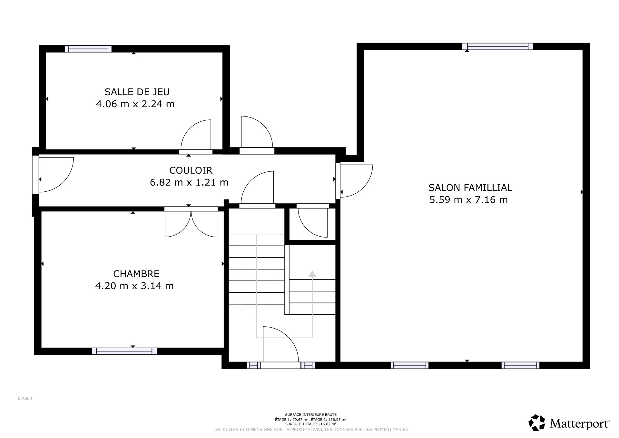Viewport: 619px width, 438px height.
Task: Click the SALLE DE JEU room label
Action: point(137,92)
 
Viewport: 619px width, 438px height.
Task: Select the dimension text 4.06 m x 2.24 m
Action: point(135,104)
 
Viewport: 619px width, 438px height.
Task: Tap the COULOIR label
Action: point(191,170)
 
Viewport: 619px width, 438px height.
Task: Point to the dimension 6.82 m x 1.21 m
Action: point(189,182)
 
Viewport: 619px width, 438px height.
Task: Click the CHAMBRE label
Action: point(136,274)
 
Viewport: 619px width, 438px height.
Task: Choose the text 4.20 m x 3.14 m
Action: point(134,286)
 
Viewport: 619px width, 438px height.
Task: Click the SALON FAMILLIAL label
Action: point(470,188)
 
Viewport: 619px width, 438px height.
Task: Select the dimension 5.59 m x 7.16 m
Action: point(468,200)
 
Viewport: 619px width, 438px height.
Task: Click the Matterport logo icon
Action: point(537,423)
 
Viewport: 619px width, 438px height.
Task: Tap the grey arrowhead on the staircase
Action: point(312,274)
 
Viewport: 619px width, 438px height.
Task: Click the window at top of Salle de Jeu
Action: point(88,49)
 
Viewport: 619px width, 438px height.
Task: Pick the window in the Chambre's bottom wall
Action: point(124,351)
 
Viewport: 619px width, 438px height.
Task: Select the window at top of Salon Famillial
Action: point(497,46)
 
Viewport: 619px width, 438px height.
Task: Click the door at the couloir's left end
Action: point(55,175)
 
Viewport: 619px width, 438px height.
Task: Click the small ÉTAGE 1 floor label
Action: point(25,398)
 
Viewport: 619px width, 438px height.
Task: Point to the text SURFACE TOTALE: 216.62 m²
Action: point(310,424)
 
